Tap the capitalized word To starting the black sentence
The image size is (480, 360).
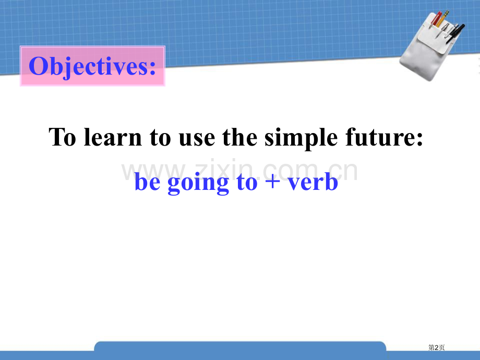pyautogui.click(x=63, y=137)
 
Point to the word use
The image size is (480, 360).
pyautogui.click(x=197, y=140)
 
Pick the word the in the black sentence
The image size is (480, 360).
pyautogui.click(x=239, y=137)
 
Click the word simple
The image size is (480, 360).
pyautogui.click(x=301, y=138)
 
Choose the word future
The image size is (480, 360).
pyautogui.click(x=384, y=137)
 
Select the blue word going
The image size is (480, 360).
pyautogui.click(x=198, y=183)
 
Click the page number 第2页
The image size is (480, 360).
pyautogui.click(x=436, y=347)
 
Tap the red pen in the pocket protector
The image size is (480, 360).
pyautogui.click(x=436, y=18)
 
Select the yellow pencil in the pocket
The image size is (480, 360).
pyautogui.click(x=442, y=18)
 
